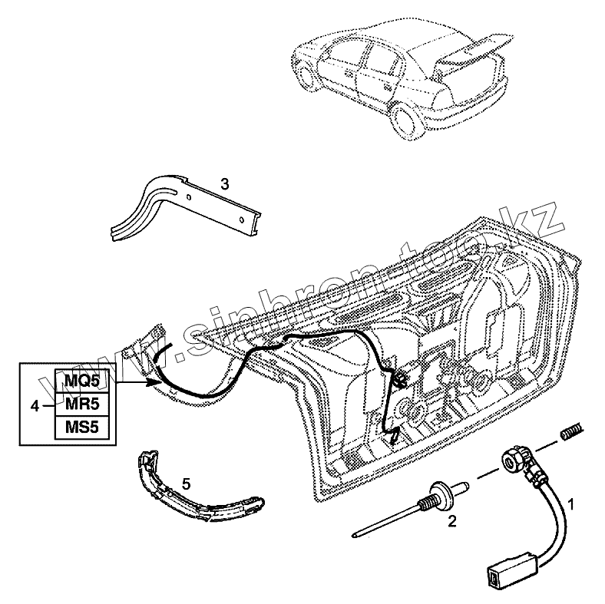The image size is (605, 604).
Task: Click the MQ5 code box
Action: pos(81,380)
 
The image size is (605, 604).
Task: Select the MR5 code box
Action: pos(81,403)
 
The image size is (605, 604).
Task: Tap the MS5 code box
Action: pos(81,426)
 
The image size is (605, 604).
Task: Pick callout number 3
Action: pos(224,183)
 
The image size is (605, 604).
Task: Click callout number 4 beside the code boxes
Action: pos(35,404)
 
